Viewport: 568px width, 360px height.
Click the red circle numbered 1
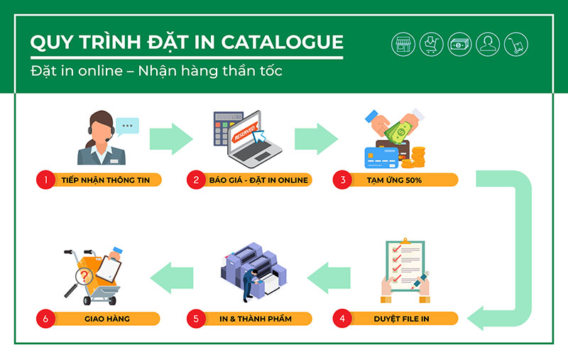pos(45,180)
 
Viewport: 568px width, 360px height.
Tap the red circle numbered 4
pos(342,318)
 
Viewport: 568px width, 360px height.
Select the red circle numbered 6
pos(45,319)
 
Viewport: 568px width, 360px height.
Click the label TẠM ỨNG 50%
pos(394,180)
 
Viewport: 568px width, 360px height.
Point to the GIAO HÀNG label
pos(107,319)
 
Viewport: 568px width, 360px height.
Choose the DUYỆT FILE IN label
pos(401,319)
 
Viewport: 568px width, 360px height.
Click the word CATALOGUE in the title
pos(282,42)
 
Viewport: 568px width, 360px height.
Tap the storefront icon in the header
pos(403,44)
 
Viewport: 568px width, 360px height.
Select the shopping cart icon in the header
pos(432,44)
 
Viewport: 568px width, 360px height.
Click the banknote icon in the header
pos(459,44)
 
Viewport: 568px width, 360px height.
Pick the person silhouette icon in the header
pos(488,44)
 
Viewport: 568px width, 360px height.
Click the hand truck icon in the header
pos(516,44)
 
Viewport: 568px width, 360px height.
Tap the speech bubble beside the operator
pos(127,126)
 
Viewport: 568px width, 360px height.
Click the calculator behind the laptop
pos(224,129)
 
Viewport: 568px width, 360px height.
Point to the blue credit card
pos(381,158)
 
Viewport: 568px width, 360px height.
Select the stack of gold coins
pos(418,157)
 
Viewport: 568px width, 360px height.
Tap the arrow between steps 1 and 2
pos(171,138)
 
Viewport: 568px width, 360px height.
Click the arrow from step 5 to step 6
pos(172,278)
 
